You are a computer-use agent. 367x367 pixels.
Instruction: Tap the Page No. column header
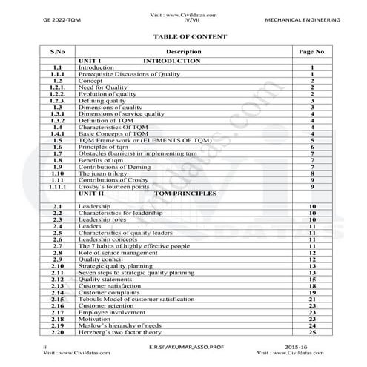pos(313,52)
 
